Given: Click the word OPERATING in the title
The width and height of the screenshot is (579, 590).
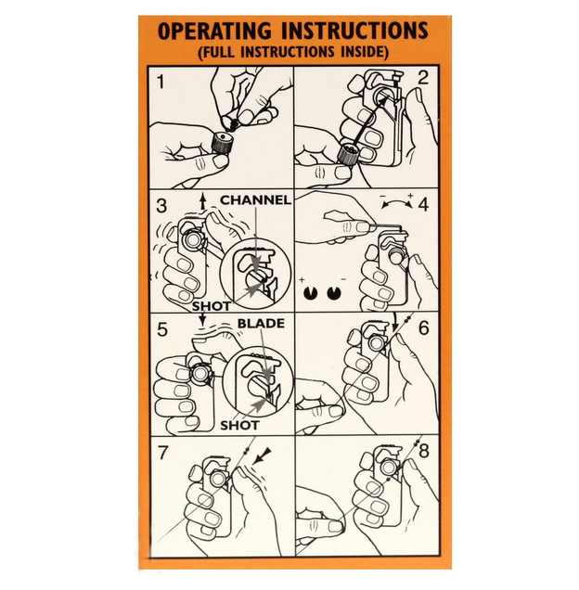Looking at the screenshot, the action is click(214, 32).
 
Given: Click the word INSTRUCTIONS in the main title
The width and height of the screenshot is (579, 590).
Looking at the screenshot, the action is click(355, 31).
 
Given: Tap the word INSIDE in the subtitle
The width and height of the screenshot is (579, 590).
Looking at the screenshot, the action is click(365, 52).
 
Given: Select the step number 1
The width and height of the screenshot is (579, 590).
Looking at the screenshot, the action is click(161, 82).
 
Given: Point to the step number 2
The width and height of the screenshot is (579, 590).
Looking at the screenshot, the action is click(423, 78).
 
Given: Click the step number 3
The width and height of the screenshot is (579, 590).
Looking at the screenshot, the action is click(161, 206).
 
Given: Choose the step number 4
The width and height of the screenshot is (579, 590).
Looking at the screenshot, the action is click(423, 204).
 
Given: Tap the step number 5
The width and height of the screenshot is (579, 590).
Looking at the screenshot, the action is click(161, 329).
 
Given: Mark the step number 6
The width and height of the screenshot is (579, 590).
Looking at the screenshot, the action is click(424, 327).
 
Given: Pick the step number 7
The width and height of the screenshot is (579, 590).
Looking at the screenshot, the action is click(162, 453).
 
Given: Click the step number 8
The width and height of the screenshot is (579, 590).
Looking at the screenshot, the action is click(424, 451).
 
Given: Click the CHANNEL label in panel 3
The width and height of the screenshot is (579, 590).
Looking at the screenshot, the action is click(255, 199).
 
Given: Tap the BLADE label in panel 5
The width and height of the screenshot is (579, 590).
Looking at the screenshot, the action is click(261, 323).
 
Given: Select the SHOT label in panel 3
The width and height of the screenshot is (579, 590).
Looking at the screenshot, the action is click(212, 306).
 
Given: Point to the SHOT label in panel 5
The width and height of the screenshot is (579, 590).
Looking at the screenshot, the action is click(239, 426).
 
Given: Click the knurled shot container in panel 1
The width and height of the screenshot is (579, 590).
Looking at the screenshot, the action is click(222, 143).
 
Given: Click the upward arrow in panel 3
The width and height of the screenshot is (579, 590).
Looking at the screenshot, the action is click(203, 201).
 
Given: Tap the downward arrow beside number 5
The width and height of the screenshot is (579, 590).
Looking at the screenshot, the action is click(202, 320).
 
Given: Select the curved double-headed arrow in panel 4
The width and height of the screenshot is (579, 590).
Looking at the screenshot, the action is click(396, 202).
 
